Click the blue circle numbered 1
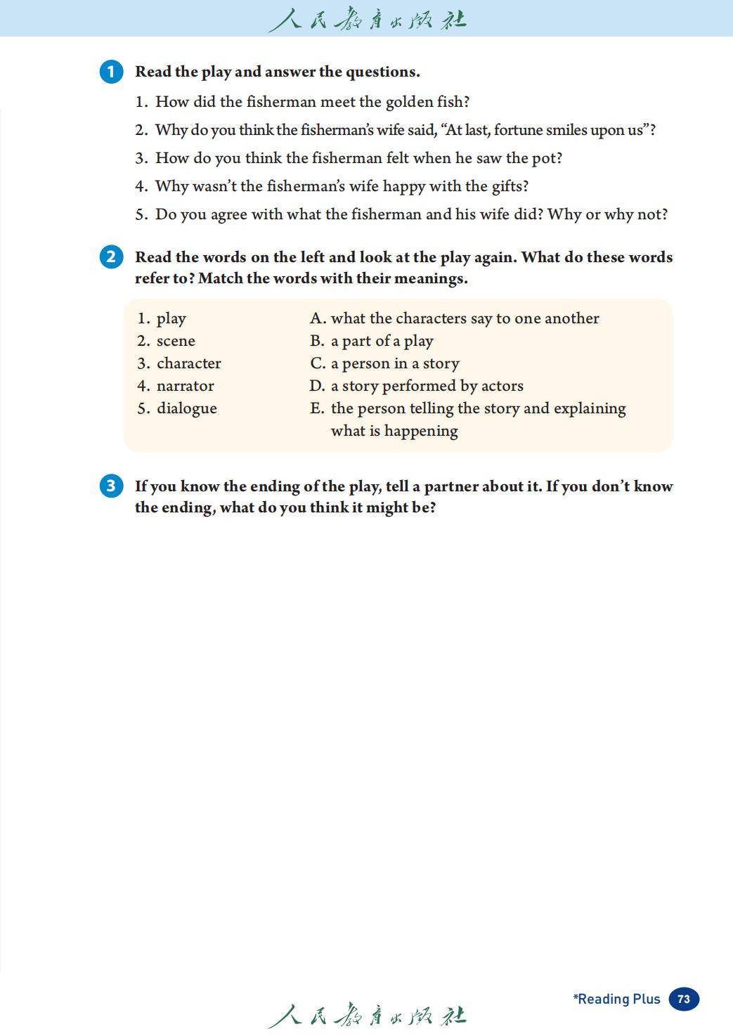(x=111, y=72)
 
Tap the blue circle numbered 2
(x=111, y=257)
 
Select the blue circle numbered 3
(x=111, y=486)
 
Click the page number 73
(x=684, y=999)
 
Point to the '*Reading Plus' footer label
(x=616, y=999)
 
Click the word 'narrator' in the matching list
(x=185, y=386)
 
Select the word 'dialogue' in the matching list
(x=186, y=408)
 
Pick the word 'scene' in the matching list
(x=176, y=341)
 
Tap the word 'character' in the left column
(x=188, y=363)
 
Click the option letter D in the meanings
(x=316, y=386)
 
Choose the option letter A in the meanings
(x=317, y=318)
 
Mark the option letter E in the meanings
(x=316, y=408)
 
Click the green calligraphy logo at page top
(x=367, y=19)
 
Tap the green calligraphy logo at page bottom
(x=367, y=1016)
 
